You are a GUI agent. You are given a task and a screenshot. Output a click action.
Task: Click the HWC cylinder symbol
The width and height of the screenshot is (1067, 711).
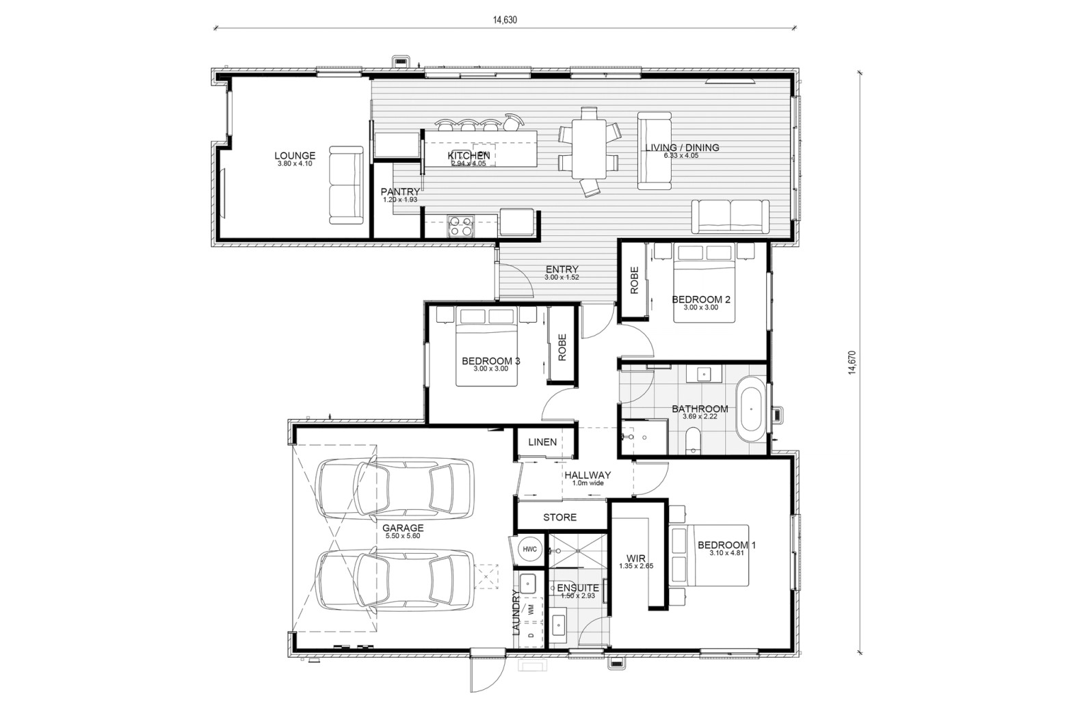529,549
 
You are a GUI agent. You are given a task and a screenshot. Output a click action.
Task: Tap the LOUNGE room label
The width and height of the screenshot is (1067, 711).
295,155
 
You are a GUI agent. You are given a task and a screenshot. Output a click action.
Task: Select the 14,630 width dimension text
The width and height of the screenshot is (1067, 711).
505,20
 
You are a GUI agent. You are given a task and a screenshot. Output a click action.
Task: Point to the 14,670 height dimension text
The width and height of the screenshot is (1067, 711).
852,362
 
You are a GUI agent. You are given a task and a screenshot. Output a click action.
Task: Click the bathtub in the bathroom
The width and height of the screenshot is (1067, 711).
751,409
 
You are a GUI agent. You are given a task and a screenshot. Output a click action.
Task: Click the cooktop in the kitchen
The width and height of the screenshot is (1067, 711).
460,226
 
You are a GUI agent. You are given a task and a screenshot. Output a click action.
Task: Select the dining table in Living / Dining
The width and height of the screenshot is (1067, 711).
589,148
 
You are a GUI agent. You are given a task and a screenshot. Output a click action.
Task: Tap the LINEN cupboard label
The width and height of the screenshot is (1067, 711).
542,442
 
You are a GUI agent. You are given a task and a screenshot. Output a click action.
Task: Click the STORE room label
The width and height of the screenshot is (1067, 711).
559,517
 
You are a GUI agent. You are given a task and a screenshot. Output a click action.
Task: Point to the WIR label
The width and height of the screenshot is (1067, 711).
636,558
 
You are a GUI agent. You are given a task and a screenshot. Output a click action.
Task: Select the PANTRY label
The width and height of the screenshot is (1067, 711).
400,191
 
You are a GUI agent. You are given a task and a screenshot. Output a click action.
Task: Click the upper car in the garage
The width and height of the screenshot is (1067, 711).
395,488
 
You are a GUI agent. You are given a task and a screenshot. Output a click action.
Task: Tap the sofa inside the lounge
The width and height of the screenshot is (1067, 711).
346,185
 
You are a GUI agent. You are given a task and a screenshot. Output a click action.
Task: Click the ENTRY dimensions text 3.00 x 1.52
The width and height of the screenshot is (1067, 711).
562,277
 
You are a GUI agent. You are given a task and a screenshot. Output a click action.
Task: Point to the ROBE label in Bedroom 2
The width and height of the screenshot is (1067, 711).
634,280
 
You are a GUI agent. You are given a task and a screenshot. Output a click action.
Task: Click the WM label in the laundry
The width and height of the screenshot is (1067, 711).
531,609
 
